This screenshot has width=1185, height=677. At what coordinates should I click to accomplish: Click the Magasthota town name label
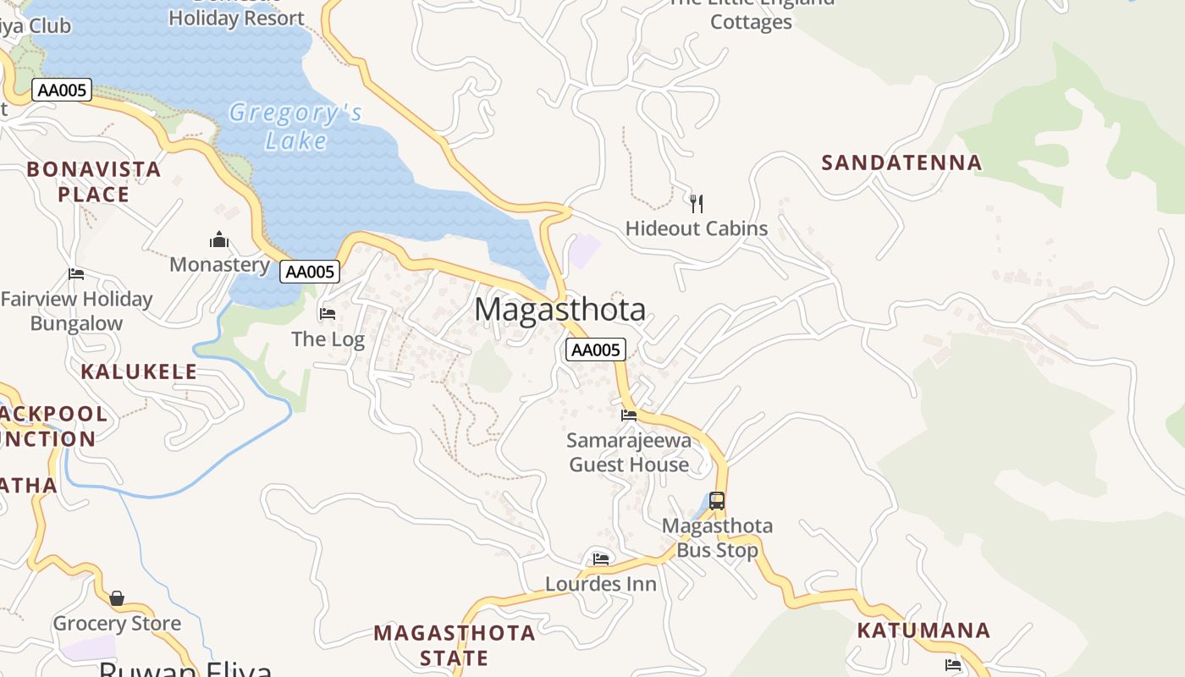[x=559, y=310]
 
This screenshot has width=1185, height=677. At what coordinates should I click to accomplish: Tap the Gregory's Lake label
[x=295, y=126]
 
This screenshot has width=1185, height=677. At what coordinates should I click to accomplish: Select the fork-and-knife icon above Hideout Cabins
[x=696, y=203]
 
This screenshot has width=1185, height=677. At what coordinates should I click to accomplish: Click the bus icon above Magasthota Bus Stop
[x=717, y=500]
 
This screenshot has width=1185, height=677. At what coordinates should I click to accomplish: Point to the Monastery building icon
[x=219, y=240]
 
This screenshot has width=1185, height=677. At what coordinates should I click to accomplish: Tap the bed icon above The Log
[x=328, y=314]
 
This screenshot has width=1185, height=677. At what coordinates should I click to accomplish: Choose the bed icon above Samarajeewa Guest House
[x=629, y=415]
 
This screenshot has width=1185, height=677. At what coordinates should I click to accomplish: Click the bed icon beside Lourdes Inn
[x=601, y=559]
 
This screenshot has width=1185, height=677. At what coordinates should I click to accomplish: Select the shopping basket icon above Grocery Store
[x=117, y=598]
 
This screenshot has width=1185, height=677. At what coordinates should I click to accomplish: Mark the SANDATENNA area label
[x=901, y=162]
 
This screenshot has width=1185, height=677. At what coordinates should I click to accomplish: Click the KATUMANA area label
[x=923, y=630]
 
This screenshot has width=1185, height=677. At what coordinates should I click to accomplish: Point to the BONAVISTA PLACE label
[x=93, y=182]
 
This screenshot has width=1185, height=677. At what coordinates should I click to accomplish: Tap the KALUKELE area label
[x=139, y=372]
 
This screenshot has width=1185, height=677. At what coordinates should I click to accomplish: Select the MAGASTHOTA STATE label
[x=455, y=645]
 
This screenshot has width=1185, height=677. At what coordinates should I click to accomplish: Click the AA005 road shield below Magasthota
[x=595, y=350]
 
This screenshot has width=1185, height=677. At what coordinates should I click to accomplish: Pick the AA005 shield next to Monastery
[x=310, y=272]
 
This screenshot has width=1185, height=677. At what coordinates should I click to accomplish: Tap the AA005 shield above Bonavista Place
[x=61, y=90]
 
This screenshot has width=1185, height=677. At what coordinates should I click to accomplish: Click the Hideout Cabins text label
[x=696, y=228]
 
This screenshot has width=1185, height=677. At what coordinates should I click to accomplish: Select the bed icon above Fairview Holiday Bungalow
[x=76, y=274]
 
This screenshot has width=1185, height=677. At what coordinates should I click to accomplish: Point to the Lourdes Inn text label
[x=600, y=584]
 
